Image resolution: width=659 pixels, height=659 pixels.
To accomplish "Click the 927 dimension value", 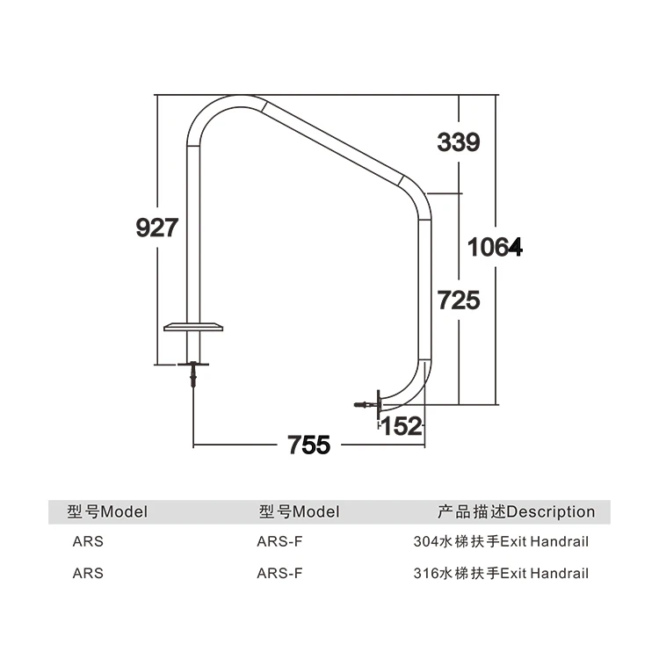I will pyautogui.click(x=158, y=228).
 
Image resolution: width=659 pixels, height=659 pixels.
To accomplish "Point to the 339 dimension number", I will pyautogui.click(x=459, y=141).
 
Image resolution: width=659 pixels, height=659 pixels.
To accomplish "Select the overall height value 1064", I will pyautogui.click(x=495, y=248).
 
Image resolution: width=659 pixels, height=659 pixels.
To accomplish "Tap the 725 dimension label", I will pyautogui.click(x=459, y=301).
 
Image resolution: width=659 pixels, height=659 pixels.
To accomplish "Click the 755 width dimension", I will pyautogui.click(x=309, y=445).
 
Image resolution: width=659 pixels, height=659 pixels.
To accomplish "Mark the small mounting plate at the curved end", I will pyautogui.click(x=378, y=405).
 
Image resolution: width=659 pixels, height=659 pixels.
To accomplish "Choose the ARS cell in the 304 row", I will pyautogui.click(x=88, y=541).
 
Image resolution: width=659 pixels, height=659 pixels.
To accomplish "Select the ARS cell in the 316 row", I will pyautogui.click(x=88, y=573).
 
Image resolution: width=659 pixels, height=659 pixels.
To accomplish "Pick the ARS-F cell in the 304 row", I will pyautogui.click(x=279, y=541).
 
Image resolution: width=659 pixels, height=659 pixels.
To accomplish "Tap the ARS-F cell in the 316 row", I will pyautogui.click(x=279, y=573).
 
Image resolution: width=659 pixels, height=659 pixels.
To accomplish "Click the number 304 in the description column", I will pyautogui.click(x=425, y=541).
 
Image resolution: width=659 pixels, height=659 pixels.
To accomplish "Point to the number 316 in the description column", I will pyautogui.click(x=425, y=573).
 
